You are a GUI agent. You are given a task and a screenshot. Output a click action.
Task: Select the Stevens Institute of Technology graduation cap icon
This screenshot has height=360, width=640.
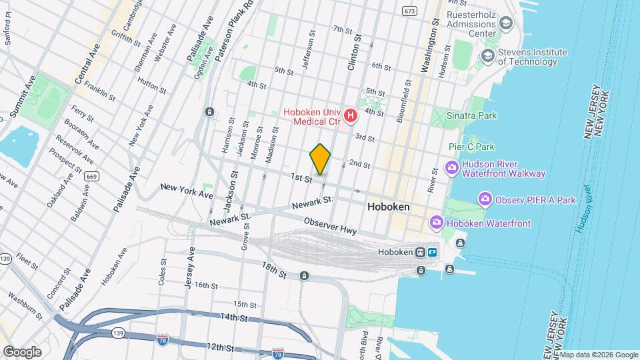pos(487,55)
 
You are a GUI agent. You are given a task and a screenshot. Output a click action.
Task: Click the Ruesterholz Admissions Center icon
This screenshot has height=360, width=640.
pos(506,23)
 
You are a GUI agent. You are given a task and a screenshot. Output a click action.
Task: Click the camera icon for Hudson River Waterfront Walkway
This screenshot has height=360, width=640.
pos(451,167)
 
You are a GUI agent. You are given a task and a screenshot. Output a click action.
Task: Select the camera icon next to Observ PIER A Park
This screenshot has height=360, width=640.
pos(485,199)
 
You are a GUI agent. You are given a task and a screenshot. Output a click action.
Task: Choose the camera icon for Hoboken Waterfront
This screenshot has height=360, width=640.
pos(437,222)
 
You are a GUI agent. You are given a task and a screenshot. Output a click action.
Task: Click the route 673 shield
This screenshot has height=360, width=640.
pos(409,11)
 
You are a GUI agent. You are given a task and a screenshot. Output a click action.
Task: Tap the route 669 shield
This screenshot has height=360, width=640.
pos(92,176)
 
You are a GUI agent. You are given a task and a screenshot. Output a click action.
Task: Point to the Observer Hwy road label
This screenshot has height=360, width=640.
pos(330,226)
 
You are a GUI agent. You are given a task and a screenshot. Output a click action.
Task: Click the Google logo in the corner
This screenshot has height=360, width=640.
pos(22,351)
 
